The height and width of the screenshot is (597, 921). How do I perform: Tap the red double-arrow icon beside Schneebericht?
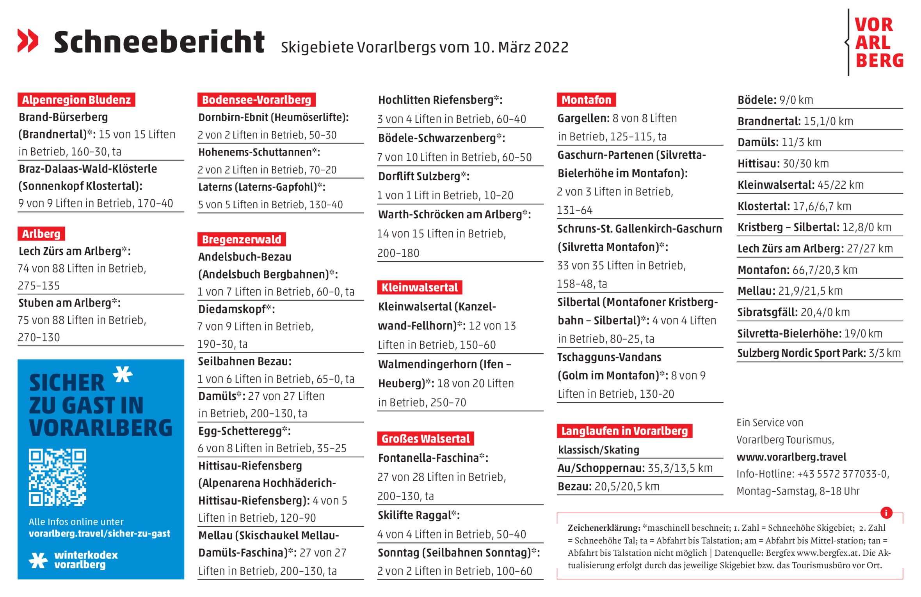(28, 41)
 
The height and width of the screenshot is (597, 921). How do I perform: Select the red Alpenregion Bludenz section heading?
(76, 100)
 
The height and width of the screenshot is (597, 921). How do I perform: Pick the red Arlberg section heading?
(41, 234)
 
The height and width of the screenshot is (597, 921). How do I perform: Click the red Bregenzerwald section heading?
(241, 239)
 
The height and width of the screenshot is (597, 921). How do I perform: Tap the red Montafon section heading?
(586, 100)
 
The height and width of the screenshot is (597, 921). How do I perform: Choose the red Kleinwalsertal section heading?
(419, 288)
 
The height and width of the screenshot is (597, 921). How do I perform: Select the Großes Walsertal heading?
(425, 439)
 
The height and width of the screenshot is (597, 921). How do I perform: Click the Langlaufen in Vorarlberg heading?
(624, 431)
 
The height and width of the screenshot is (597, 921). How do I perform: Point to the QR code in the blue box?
(57, 477)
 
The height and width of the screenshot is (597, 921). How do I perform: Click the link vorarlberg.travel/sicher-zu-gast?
(99, 533)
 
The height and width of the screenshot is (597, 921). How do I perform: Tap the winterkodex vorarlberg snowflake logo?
(38, 560)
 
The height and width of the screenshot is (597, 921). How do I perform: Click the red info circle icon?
(886, 513)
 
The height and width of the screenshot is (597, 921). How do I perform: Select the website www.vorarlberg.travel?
(791, 457)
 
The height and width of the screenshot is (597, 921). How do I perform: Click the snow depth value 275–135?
(39, 286)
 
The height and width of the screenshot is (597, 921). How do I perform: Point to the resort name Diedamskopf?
(232, 309)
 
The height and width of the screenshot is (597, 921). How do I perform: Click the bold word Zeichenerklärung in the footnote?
(604, 528)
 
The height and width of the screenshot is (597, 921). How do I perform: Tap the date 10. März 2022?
(521, 48)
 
